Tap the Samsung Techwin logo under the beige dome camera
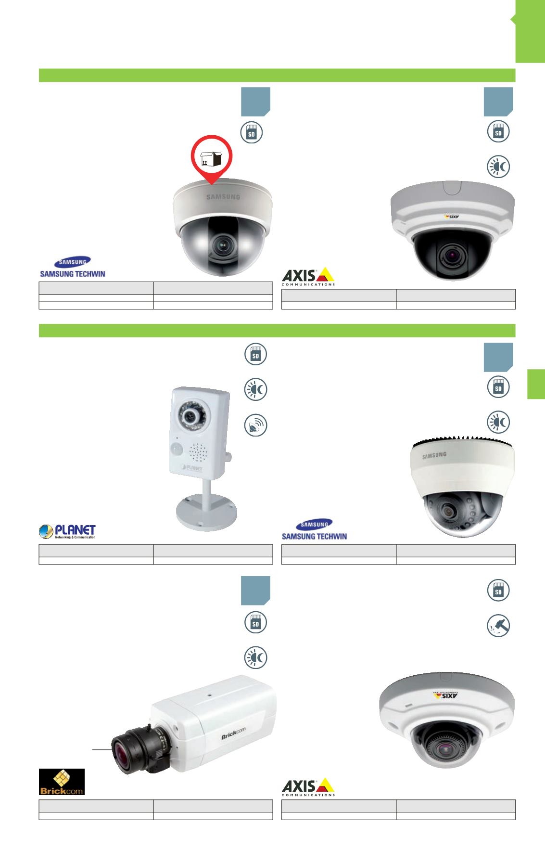point(72,267)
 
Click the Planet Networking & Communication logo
point(68,531)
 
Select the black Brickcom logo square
point(62,782)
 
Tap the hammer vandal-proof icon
point(498,626)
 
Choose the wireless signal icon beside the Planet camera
point(255,425)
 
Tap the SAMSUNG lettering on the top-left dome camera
point(223,196)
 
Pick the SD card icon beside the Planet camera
point(255,355)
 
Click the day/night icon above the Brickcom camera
point(255,658)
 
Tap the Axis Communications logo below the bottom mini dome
point(308,787)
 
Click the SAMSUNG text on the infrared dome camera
point(434,455)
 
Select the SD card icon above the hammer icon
point(498,591)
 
